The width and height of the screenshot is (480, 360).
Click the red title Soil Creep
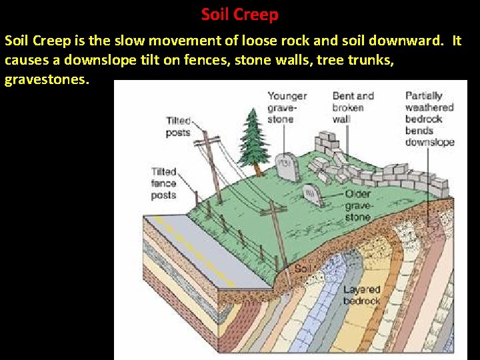click(239, 14)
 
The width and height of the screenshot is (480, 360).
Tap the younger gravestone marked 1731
click(286, 167)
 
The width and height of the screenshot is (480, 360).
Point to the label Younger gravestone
click(287, 107)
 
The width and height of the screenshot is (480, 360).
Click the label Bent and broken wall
click(353, 107)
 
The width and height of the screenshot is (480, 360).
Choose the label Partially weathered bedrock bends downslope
click(429, 119)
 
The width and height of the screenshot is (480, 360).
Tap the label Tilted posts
click(178, 127)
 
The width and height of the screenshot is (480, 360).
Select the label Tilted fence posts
click(164, 183)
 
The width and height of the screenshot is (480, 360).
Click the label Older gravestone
click(358, 205)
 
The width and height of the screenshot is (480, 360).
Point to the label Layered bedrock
click(361, 295)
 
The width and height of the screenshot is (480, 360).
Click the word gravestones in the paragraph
click(46, 80)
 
